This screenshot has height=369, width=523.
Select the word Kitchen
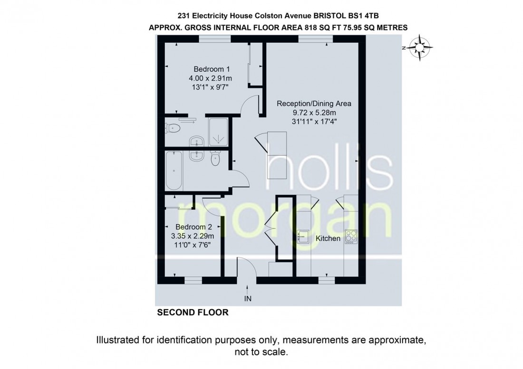(x=328, y=238)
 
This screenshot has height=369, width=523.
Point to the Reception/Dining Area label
(x=314, y=104)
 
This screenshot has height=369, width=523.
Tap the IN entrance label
(x=247, y=299)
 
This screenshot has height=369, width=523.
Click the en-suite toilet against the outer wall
(x=172, y=127)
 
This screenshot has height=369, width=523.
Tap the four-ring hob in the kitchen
(x=351, y=237)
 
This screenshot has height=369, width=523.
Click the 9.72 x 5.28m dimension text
(x=314, y=113)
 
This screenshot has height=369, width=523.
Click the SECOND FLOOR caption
(x=193, y=312)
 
